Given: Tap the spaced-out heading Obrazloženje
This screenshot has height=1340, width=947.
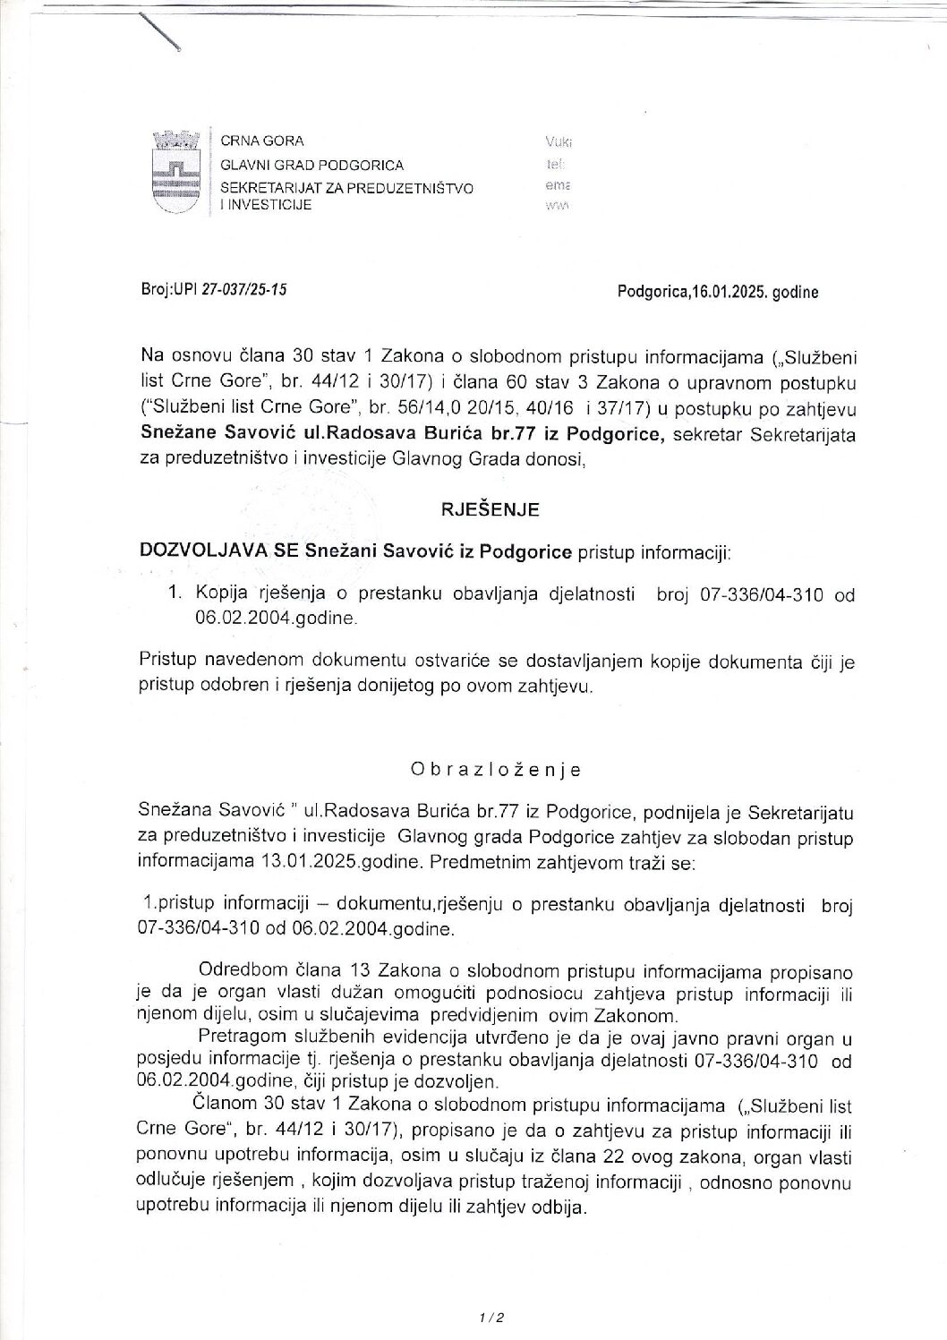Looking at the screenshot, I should point(496,770).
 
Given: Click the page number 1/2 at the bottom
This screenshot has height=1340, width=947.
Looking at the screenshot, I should point(492,1318).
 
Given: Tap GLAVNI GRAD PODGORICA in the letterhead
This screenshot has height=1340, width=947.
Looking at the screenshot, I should point(311,166).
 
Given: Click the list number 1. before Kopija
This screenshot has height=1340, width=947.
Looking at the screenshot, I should point(176,593).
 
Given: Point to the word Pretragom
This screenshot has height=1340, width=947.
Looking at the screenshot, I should point(236,1038).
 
